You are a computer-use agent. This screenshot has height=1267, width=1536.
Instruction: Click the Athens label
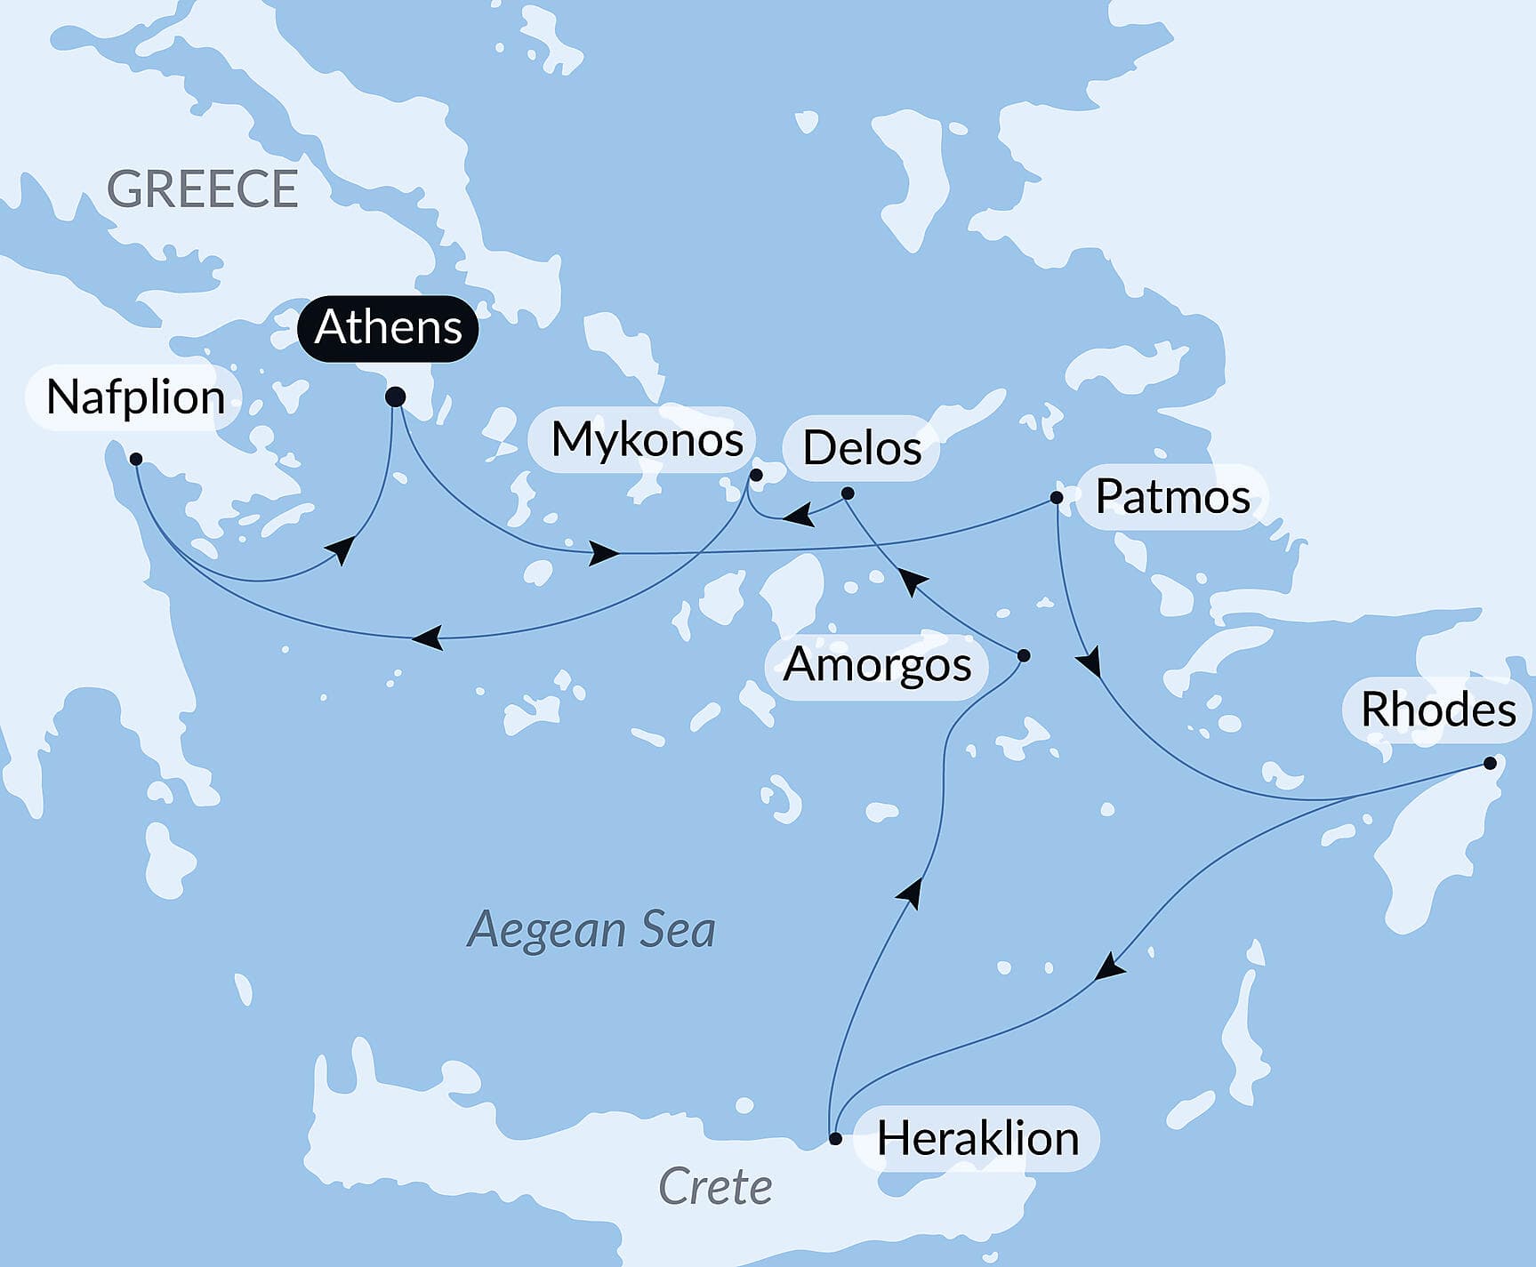tap(388, 328)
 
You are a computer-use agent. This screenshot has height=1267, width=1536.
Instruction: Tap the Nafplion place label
tap(135, 397)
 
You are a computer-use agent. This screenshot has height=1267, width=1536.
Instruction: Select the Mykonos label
tap(647, 439)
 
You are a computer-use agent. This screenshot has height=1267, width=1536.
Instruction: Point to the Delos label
tap(861, 447)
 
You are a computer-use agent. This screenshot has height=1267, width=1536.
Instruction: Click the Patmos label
tap(1171, 496)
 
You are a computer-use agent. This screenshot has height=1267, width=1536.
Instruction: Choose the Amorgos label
tap(877, 665)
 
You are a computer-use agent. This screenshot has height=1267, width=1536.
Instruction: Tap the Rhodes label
tap(1437, 710)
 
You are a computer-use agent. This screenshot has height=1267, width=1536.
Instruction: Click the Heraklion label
tap(977, 1139)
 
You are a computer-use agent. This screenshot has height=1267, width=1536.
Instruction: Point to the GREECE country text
tap(202, 189)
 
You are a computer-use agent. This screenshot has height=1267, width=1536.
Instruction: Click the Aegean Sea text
tap(591, 930)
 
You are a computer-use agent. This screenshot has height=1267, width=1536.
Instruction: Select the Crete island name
tap(714, 1187)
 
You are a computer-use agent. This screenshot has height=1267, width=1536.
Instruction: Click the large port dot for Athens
tap(396, 397)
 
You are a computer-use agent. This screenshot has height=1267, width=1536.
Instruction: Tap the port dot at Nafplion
tap(136, 460)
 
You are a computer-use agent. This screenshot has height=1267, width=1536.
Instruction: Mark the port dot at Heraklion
tap(834, 1138)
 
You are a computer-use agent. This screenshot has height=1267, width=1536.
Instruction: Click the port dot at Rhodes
tap(1490, 763)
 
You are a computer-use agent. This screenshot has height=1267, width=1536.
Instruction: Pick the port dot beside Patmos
tap(1057, 498)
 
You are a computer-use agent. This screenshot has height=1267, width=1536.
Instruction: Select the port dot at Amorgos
tap(1023, 656)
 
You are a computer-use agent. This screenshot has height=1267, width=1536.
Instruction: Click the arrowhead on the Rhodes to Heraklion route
tap(1108, 967)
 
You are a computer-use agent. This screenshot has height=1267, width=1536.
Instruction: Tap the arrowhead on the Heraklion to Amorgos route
tap(910, 892)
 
